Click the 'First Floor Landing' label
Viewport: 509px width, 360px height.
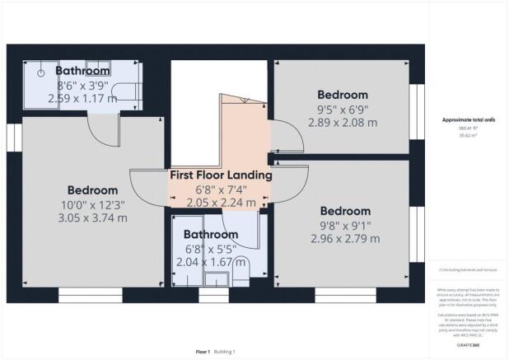tap(221, 175)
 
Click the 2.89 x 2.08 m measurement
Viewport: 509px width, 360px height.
tap(343, 122)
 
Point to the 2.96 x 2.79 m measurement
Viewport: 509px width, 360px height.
tap(344, 239)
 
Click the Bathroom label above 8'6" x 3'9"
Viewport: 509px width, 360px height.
tap(83, 71)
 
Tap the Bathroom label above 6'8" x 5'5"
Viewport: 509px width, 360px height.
tap(212, 233)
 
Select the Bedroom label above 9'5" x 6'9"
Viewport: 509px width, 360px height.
tap(343, 94)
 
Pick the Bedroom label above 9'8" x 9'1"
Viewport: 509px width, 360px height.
tap(345, 210)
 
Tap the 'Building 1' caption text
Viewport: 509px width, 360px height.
tap(225, 352)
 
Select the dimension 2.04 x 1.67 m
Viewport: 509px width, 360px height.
tap(212, 262)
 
